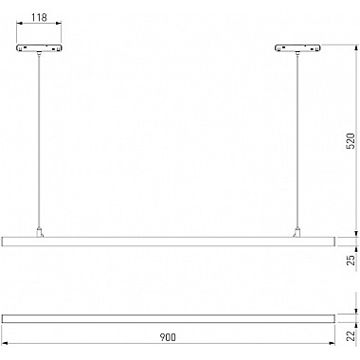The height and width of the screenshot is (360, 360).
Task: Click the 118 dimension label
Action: point(39,17)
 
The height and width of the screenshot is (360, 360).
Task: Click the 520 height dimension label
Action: point(351,141)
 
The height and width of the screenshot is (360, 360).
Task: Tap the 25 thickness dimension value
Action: point(351,260)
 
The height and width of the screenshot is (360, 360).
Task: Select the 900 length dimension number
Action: point(168,337)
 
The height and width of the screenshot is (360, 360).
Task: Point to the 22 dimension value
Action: point(351,335)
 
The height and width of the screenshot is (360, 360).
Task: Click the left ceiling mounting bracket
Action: point(39,48)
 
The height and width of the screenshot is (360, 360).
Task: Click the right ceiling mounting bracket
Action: point(297,48)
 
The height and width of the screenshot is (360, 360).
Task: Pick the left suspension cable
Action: point(39,140)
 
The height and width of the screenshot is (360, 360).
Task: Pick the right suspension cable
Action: point(297,140)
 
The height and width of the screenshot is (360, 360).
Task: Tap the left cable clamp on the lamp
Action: point(39,232)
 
